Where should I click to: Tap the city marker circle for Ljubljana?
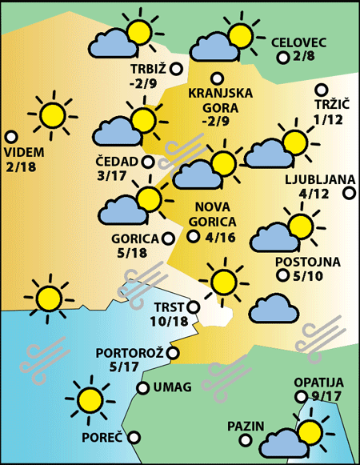click(x=349, y=192)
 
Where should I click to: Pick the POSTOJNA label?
click(x=307, y=262)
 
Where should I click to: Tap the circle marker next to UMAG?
click(x=142, y=388)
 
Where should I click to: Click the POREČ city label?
click(x=102, y=438)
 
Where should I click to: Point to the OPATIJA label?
click(x=318, y=383)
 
